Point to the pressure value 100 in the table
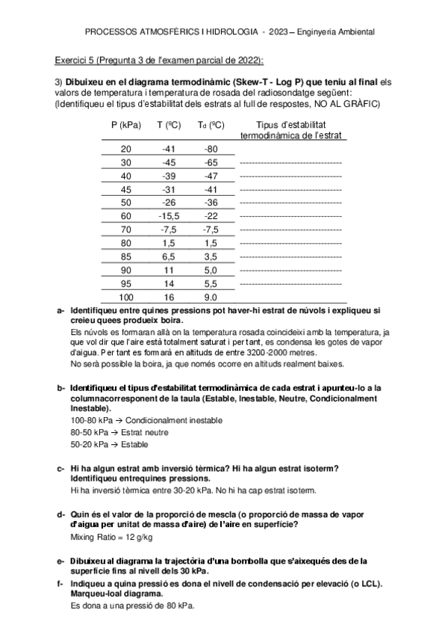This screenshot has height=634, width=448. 125,297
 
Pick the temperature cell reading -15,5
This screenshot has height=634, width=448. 169,216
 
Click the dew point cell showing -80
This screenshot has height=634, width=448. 211,149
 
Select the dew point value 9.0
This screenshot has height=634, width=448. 211,297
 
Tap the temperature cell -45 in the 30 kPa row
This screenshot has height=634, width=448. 169,162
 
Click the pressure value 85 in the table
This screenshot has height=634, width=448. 125,256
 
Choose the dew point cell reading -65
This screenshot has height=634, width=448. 211,162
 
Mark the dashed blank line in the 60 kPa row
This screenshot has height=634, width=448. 290,216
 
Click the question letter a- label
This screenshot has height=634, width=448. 60,310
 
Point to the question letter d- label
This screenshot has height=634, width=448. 60,514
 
